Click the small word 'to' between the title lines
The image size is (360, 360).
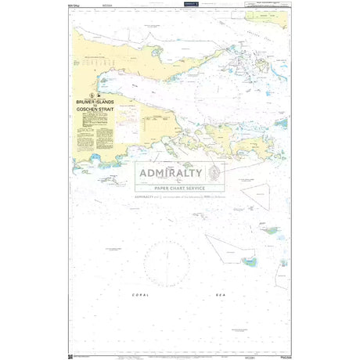pos(101,107)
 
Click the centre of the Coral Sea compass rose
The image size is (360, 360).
pos(166,260)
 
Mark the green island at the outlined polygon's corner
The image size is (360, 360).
pos(249,261)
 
